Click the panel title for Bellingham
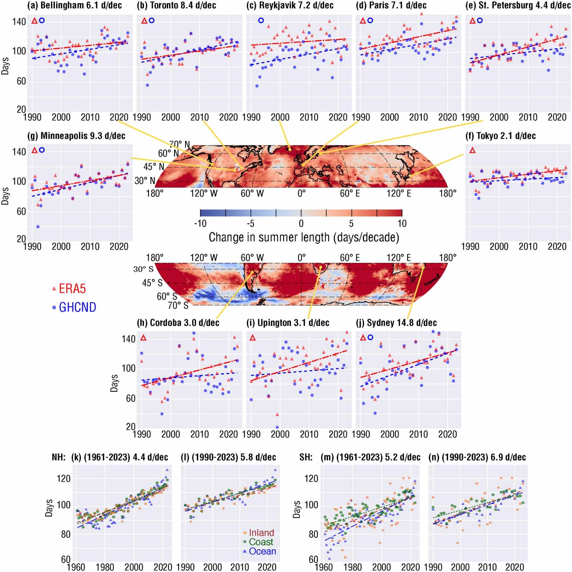click(x=75, y=5)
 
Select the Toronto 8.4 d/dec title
click(x=176, y=5)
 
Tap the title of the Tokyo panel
click(x=501, y=136)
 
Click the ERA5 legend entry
click(x=72, y=289)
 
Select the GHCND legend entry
click(x=77, y=307)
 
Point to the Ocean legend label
click(x=262, y=551)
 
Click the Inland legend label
click(x=261, y=533)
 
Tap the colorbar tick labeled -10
click(x=200, y=223)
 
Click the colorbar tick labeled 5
click(x=351, y=223)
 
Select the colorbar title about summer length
click(x=304, y=237)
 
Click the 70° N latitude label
click(x=179, y=144)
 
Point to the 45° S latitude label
click(x=152, y=283)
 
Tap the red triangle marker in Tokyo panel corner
click(x=473, y=150)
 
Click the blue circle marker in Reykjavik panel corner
click(x=261, y=21)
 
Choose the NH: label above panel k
click(x=59, y=457)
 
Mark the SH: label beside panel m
click(x=306, y=457)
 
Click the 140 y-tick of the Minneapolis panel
click(x=19, y=152)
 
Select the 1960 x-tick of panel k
click(x=76, y=567)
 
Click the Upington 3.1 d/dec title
click(x=288, y=322)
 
